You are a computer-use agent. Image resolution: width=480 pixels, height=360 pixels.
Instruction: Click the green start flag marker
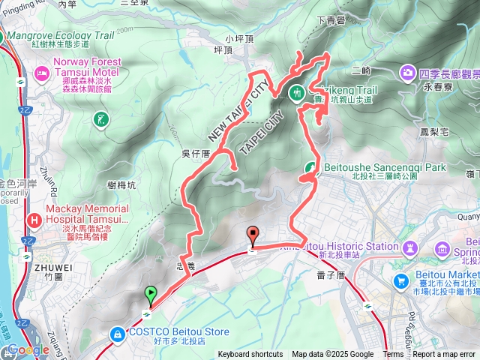(151, 295)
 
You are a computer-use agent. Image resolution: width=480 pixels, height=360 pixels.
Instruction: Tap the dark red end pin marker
(252, 234)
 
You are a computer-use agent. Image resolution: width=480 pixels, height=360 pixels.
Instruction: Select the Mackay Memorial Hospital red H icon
(34, 219)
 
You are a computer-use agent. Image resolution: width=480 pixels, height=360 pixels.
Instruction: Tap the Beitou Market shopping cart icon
(402, 281)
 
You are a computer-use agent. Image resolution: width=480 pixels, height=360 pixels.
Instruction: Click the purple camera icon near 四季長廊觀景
(407, 72)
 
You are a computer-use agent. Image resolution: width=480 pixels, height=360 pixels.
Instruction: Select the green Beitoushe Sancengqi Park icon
(310, 167)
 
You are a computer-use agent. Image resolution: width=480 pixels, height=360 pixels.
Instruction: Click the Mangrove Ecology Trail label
(72, 34)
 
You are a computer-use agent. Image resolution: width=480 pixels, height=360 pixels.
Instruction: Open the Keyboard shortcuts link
(250, 355)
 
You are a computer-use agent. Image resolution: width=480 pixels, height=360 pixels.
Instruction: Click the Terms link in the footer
(393, 355)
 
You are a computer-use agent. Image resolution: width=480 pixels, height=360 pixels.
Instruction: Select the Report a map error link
(445, 355)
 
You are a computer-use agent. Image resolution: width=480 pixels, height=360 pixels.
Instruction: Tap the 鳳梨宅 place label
(434, 131)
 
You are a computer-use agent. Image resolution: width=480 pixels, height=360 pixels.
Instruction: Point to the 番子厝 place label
(330, 276)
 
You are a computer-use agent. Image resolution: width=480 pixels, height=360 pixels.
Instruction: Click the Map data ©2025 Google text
(332, 355)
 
